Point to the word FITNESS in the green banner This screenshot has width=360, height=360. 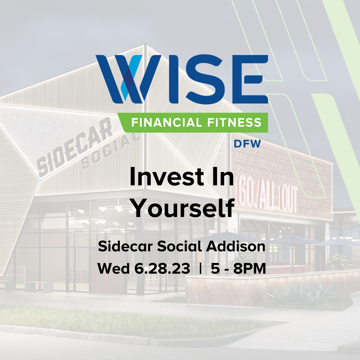[x=233, y=123]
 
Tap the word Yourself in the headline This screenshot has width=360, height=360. [x=182, y=208]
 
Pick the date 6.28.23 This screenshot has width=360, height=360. [x=162, y=269]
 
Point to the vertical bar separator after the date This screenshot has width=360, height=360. [x=200, y=269]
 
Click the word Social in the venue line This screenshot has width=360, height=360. [x=180, y=247]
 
